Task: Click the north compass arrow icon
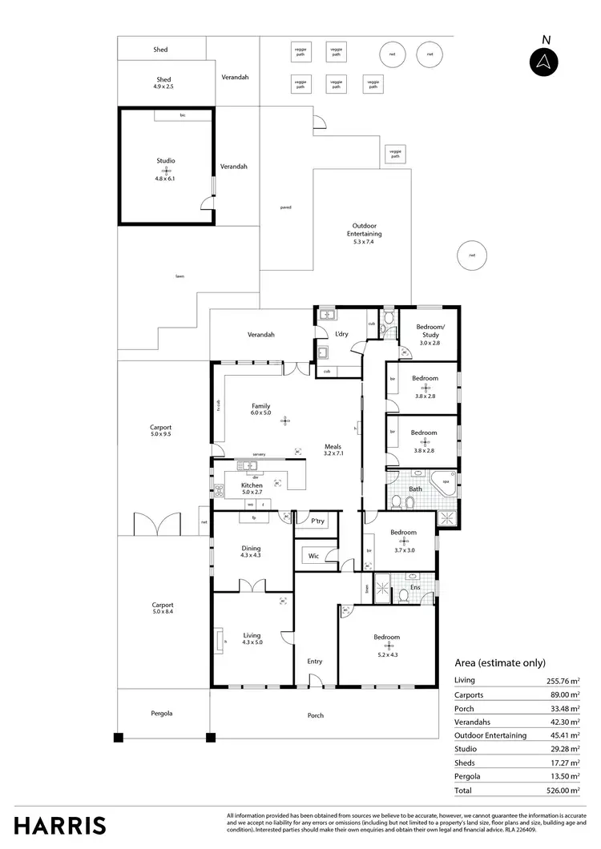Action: [545, 62]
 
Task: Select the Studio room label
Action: [165, 161]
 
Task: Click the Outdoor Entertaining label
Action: [363, 230]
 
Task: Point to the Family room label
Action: [261, 406]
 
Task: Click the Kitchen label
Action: [252, 486]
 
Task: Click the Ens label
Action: [415, 588]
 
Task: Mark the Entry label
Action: [314, 661]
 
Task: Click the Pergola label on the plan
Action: [161, 713]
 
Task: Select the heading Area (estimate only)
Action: [500, 663]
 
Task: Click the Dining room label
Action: [251, 549]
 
